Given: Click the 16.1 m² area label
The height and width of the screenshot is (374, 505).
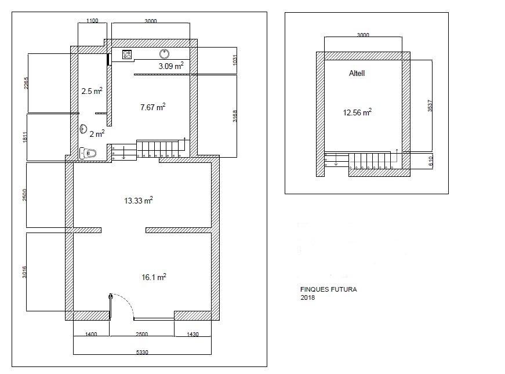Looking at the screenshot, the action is point(154,277).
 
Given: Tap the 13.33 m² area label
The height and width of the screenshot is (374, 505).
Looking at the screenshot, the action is point(139,201).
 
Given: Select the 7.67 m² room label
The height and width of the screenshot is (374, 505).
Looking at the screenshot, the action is point(153,107).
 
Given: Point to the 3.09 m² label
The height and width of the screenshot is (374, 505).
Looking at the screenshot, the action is point(171,66).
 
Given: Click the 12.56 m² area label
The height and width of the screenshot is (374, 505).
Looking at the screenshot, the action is point(357,112).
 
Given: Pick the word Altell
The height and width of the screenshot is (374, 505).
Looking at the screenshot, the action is point(357,73).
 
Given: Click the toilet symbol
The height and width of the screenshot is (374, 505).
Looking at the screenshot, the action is point(88,153).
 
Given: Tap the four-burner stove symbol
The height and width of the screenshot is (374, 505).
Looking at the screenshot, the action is point(127,55).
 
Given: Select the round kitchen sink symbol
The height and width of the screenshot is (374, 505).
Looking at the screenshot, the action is point(165,54).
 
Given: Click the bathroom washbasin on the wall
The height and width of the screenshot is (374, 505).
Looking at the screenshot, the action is point(83,129).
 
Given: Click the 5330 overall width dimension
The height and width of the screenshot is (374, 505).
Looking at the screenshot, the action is point(142,352).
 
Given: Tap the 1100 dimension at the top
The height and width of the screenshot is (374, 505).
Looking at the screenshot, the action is point(92,21).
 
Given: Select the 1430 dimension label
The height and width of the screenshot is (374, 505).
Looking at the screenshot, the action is point(192,334).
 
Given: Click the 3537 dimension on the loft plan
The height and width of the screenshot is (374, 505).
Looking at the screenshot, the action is point(430,106).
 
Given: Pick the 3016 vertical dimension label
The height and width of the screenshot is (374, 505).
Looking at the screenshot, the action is point(24,271).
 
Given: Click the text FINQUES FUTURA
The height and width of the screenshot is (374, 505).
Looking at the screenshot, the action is point(329,289).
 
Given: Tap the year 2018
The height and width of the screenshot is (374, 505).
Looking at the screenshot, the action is point(307,297).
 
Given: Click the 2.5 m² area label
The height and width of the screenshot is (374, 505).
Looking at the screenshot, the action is point(92,91).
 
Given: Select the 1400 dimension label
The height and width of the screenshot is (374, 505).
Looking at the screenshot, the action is point(91,334).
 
